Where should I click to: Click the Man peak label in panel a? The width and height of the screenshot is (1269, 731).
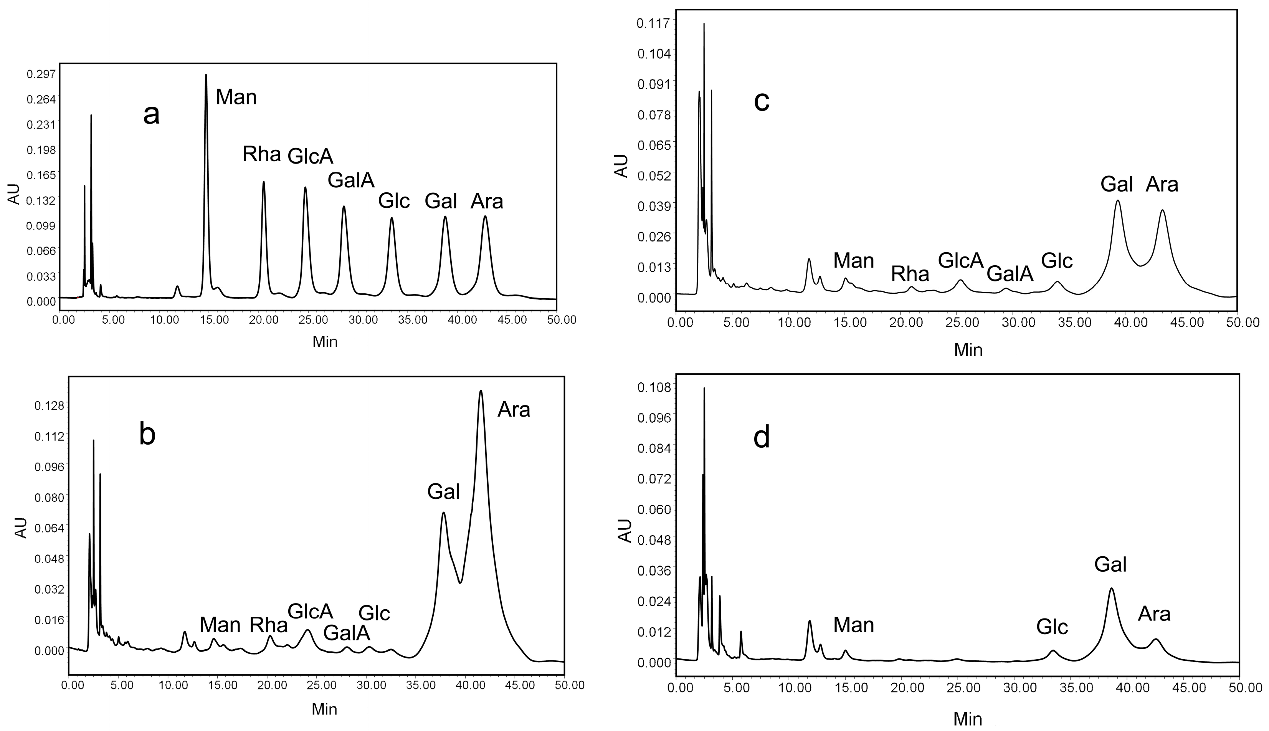236,97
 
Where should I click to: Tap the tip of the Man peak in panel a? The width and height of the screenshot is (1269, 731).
206,75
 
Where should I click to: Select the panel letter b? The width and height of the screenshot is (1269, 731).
147,435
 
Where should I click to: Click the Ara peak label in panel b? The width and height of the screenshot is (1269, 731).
514,410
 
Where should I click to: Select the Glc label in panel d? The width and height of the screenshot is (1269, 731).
1052,627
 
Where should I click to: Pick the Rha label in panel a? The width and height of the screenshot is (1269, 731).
261,154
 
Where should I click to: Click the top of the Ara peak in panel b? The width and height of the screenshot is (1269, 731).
481,390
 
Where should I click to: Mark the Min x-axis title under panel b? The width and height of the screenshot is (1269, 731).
324,709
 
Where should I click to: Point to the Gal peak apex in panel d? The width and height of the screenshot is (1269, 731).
1111,589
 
